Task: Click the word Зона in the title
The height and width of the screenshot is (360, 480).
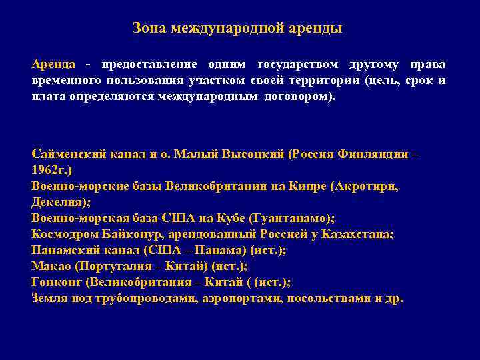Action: tap(149, 29)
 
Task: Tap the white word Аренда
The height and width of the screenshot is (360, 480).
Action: tap(55, 65)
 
